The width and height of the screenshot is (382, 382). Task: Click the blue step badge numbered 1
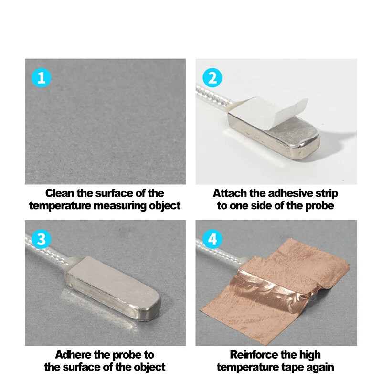(42, 77)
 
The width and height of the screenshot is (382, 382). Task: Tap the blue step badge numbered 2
(212, 77)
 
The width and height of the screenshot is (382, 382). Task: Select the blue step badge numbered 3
(42, 239)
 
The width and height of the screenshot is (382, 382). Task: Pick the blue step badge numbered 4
(212, 239)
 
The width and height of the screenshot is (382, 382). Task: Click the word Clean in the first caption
(60, 193)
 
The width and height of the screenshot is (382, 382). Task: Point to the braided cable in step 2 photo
(215, 98)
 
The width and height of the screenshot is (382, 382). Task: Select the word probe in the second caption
(319, 206)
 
